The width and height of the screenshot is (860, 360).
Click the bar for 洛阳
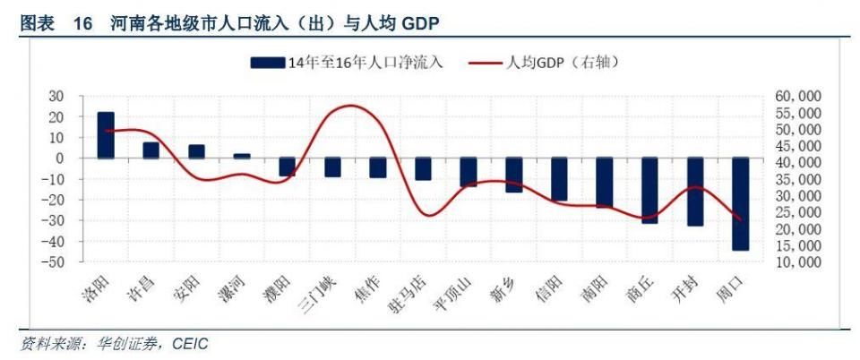pos(106,135)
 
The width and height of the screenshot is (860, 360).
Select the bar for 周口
pos(740,203)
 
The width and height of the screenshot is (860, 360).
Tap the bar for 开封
pos(695,192)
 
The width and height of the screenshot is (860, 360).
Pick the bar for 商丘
pos(649,190)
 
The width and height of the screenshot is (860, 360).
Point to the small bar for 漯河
pos(242,156)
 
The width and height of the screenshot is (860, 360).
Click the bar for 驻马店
pos(423,168)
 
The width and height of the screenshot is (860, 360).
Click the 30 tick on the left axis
pos(57,96)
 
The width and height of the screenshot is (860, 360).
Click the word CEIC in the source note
pos(190,344)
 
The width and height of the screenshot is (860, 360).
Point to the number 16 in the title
pos(83,21)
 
